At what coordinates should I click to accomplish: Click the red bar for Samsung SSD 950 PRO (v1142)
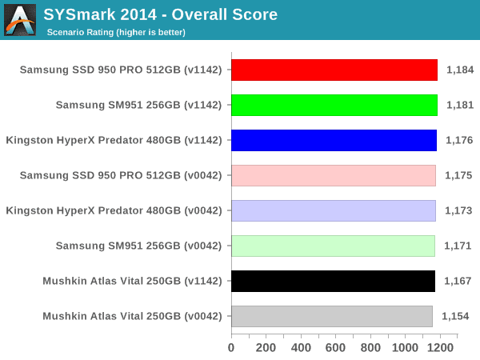334,70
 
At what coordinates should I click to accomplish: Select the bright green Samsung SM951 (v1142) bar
334,105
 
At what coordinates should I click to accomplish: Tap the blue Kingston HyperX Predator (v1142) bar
334,140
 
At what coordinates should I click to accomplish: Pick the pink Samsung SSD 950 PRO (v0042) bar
334,175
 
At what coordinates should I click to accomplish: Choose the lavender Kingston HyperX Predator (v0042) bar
334,210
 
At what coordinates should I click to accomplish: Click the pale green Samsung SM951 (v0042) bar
333,246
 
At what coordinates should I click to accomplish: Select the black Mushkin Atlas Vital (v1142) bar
333,281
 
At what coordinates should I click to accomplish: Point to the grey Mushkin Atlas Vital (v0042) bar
331,316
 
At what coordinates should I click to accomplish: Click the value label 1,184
460,70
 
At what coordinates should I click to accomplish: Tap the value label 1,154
455,316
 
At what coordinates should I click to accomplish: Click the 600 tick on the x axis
336,348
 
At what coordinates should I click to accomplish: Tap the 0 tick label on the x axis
231,348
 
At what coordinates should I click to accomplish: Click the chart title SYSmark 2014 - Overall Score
161,14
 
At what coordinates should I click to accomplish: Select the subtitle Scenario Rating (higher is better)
116,32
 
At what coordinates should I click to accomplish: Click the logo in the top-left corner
20,19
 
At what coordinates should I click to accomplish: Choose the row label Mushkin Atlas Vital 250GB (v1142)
132,281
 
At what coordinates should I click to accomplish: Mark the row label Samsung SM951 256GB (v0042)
138,246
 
